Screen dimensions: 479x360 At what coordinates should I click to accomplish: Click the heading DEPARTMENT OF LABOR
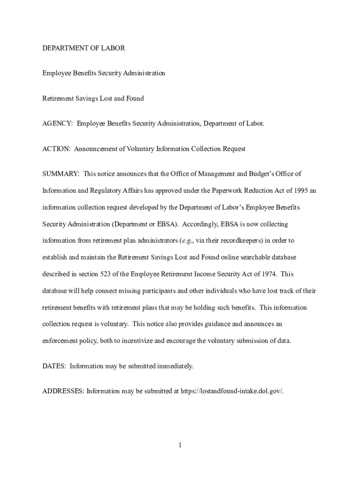point(84,48)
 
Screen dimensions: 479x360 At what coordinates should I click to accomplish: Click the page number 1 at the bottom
point(180,445)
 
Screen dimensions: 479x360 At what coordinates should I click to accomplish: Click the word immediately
point(176,366)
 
